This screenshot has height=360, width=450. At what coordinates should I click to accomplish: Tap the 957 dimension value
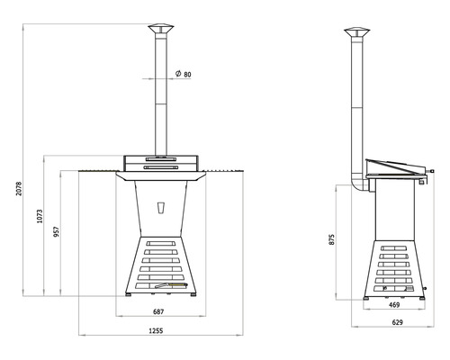[x=58, y=231]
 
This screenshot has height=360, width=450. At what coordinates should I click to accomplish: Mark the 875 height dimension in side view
[x=332, y=239]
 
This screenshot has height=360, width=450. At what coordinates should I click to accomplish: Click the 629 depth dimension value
[x=396, y=322]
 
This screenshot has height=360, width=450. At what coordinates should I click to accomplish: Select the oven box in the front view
[x=162, y=161]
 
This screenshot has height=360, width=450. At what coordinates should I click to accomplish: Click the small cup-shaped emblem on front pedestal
[x=161, y=208]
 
